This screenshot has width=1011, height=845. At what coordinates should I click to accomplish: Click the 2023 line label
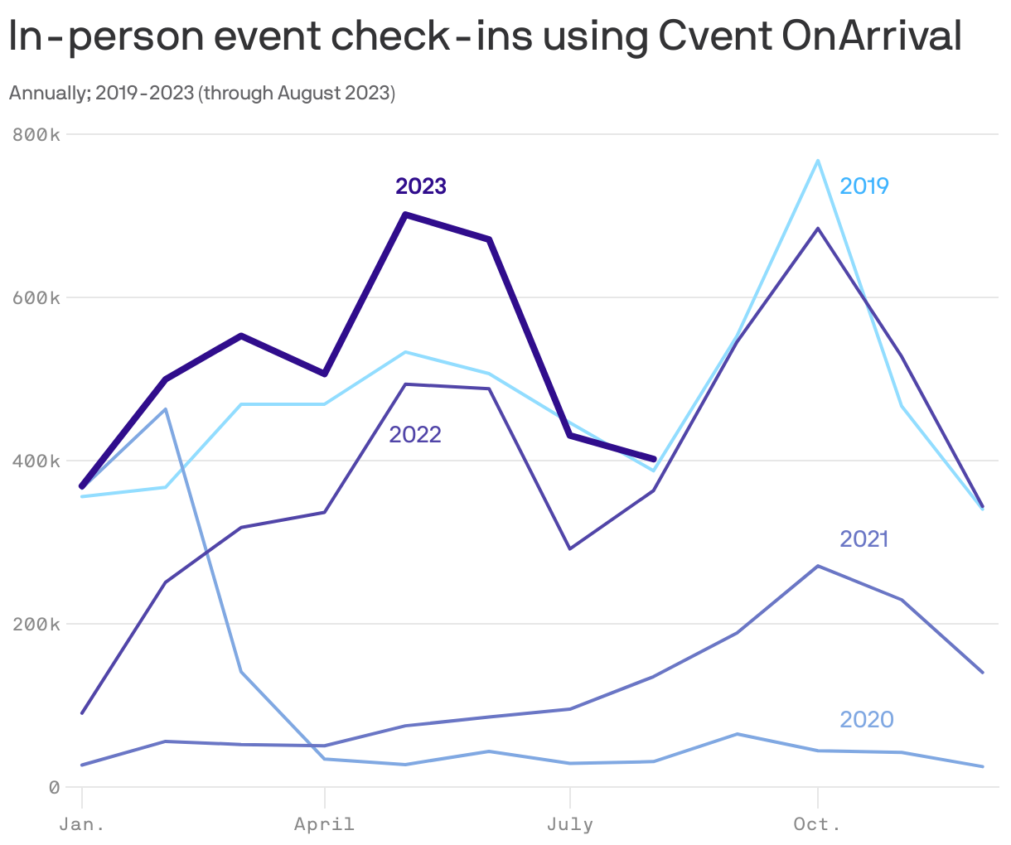click(x=421, y=186)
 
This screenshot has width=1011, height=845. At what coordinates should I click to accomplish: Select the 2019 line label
click(x=863, y=186)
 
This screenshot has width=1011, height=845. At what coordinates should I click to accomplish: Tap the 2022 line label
click(x=415, y=434)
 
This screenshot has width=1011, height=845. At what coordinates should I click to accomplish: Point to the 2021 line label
click(x=863, y=539)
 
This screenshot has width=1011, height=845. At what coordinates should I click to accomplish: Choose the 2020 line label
click(x=866, y=719)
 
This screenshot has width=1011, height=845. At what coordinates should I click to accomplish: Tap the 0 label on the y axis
click(x=54, y=787)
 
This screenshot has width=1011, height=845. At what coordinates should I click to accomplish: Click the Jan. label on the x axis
click(x=82, y=824)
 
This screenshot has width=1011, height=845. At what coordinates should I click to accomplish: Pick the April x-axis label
click(x=324, y=824)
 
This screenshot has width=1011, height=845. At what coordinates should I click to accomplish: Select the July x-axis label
click(x=569, y=824)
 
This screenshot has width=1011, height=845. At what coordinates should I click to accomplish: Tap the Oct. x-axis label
click(x=817, y=824)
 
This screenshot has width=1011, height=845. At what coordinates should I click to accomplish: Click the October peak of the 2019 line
click(x=818, y=161)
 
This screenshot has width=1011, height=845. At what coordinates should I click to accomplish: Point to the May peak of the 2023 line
click(x=404, y=215)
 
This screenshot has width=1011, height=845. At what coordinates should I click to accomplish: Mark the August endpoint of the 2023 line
click(x=654, y=459)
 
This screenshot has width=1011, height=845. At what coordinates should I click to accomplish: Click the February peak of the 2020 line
click(x=166, y=409)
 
